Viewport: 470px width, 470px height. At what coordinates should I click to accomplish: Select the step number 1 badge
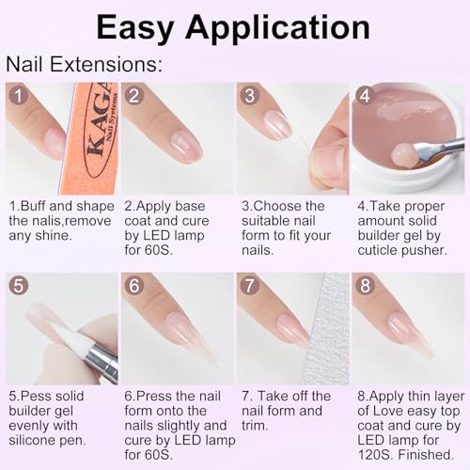[19, 96]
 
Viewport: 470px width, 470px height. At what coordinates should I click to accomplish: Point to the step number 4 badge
[366, 96]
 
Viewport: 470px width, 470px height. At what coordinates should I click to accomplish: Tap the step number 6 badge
[134, 286]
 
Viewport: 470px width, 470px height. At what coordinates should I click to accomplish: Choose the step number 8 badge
[366, 286]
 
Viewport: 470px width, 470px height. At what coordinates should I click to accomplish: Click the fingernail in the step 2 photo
[186, 147]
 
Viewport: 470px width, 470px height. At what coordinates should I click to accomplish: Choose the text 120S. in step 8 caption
[375, 455]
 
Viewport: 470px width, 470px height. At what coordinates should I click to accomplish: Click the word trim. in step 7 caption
[255, 426]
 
